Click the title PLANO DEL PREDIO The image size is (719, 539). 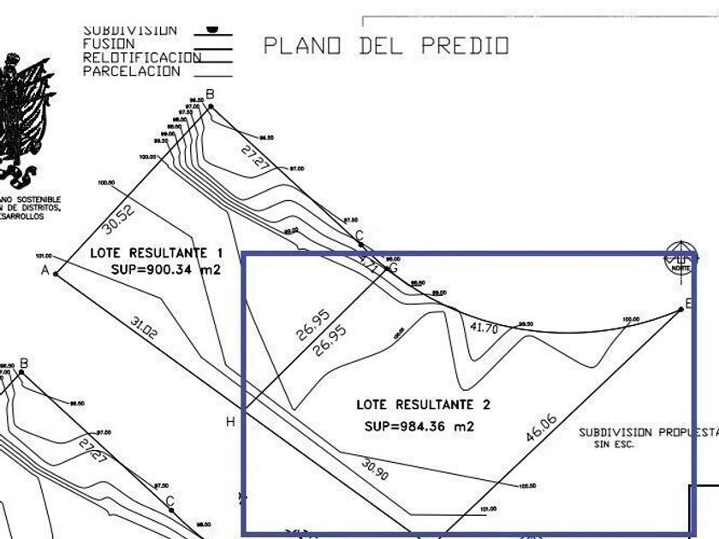[x=385, y=45]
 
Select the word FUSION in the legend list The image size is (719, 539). [x=109, y=44]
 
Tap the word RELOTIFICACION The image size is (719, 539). [x=141, y=58]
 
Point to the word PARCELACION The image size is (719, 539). [x=131, y=72]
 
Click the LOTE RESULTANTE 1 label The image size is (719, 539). [x=156, y=253]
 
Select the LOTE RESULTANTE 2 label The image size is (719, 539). [x=423, y=404]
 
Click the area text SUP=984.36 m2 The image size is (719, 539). [x=419, y=425]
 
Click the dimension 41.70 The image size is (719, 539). [x=484, y=327]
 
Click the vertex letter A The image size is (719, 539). [x=44, y=270]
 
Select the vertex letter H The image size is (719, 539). [x=229, y=422]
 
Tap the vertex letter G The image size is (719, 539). [x=393, y=268]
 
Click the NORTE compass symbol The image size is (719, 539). [x=681, y=257]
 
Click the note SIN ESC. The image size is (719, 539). [x=615, y=445]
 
